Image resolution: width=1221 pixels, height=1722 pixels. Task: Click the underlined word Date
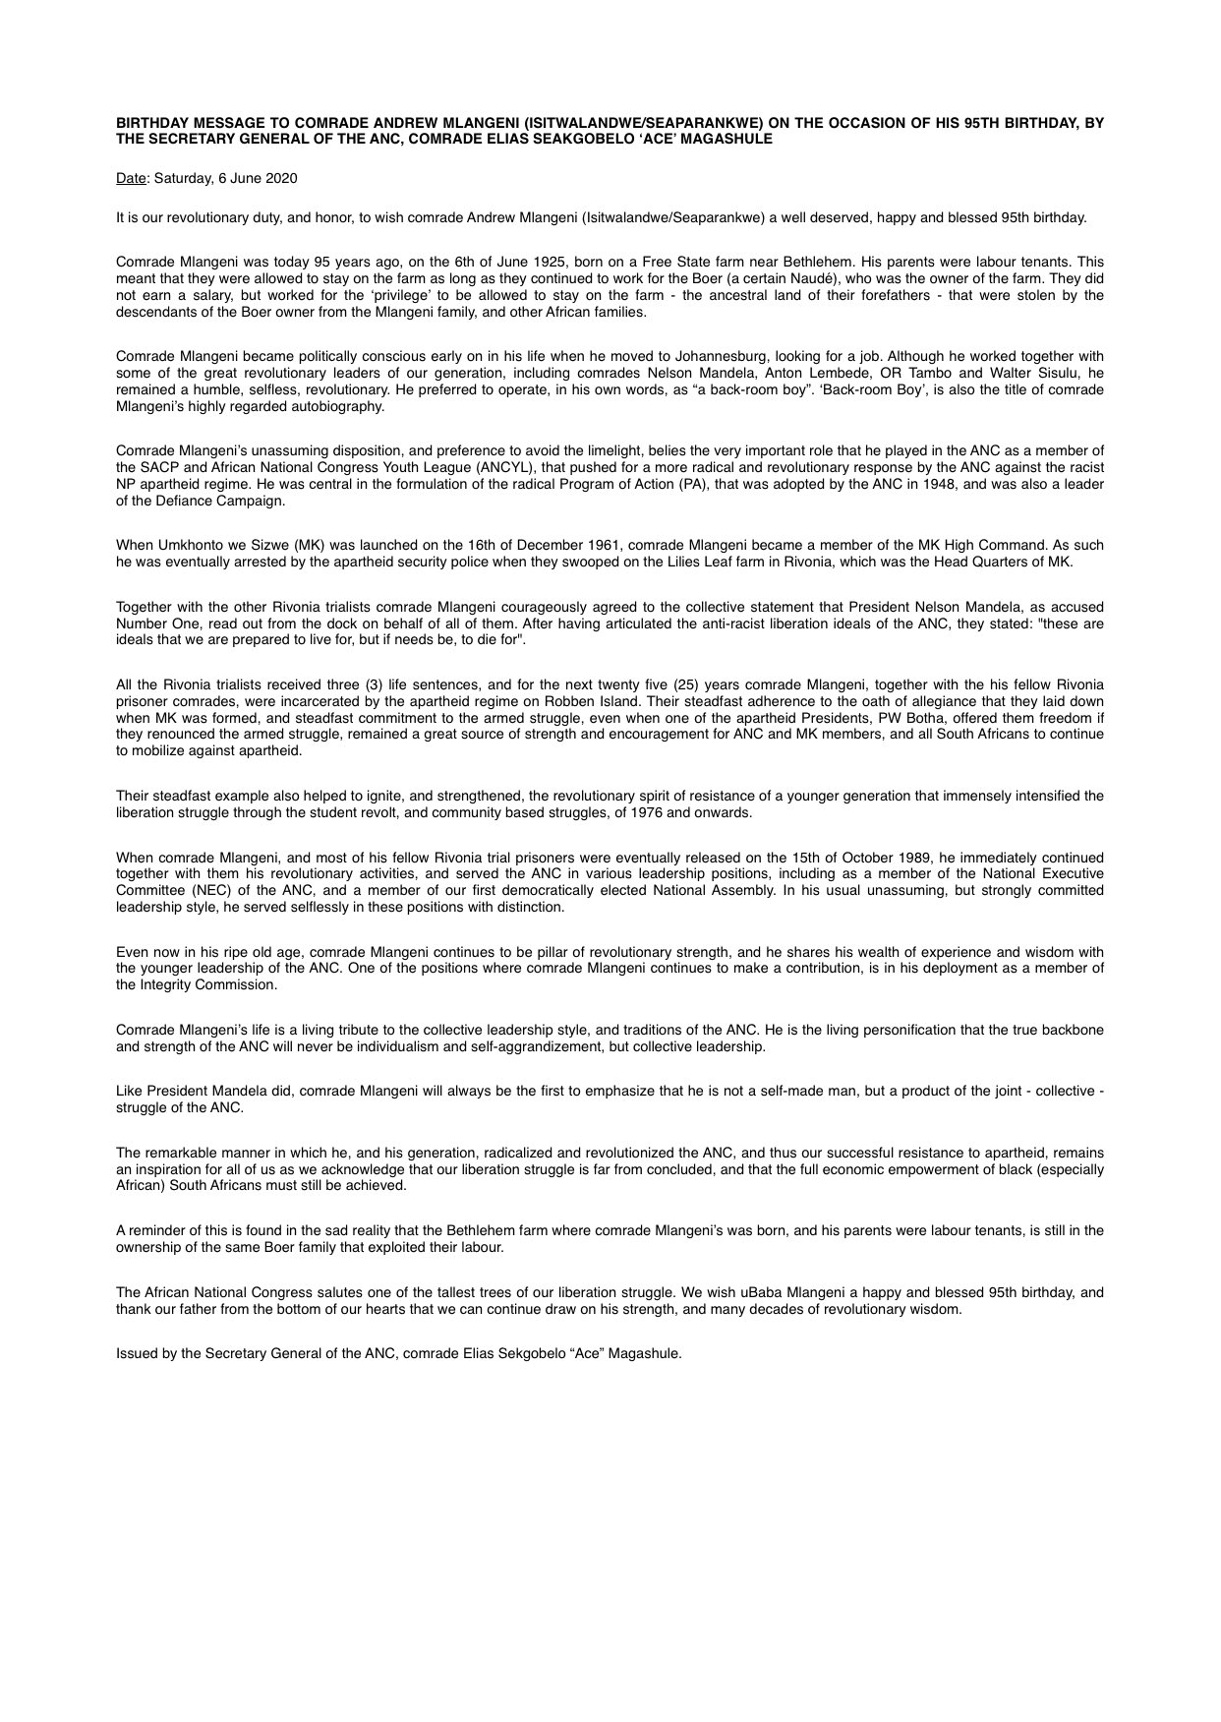pos(130,179)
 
